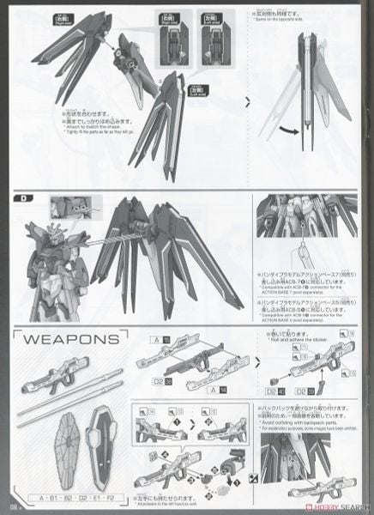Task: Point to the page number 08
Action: [13, 506]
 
